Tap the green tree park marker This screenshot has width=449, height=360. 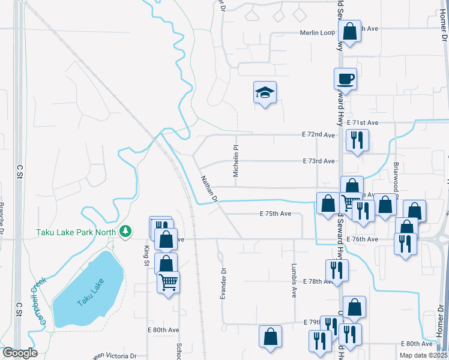click(125, 231)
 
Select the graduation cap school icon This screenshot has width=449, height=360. click(264, 93)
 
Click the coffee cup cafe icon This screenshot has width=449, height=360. click(345, 79)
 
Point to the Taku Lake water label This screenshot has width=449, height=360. click(91, 293)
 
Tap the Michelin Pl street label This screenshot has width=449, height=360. click(236, 160)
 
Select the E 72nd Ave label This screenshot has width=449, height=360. click(320, 135)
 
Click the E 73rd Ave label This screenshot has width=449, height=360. click(319, 161)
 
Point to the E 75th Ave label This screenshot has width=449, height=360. click(276, 214)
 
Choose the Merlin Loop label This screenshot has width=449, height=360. click(318, 32)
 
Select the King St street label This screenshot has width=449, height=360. click(146, 254)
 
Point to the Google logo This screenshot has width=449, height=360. click(20, 353)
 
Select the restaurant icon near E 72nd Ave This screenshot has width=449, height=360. click(357, 140)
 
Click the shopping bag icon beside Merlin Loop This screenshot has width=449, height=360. click(349, 32)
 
